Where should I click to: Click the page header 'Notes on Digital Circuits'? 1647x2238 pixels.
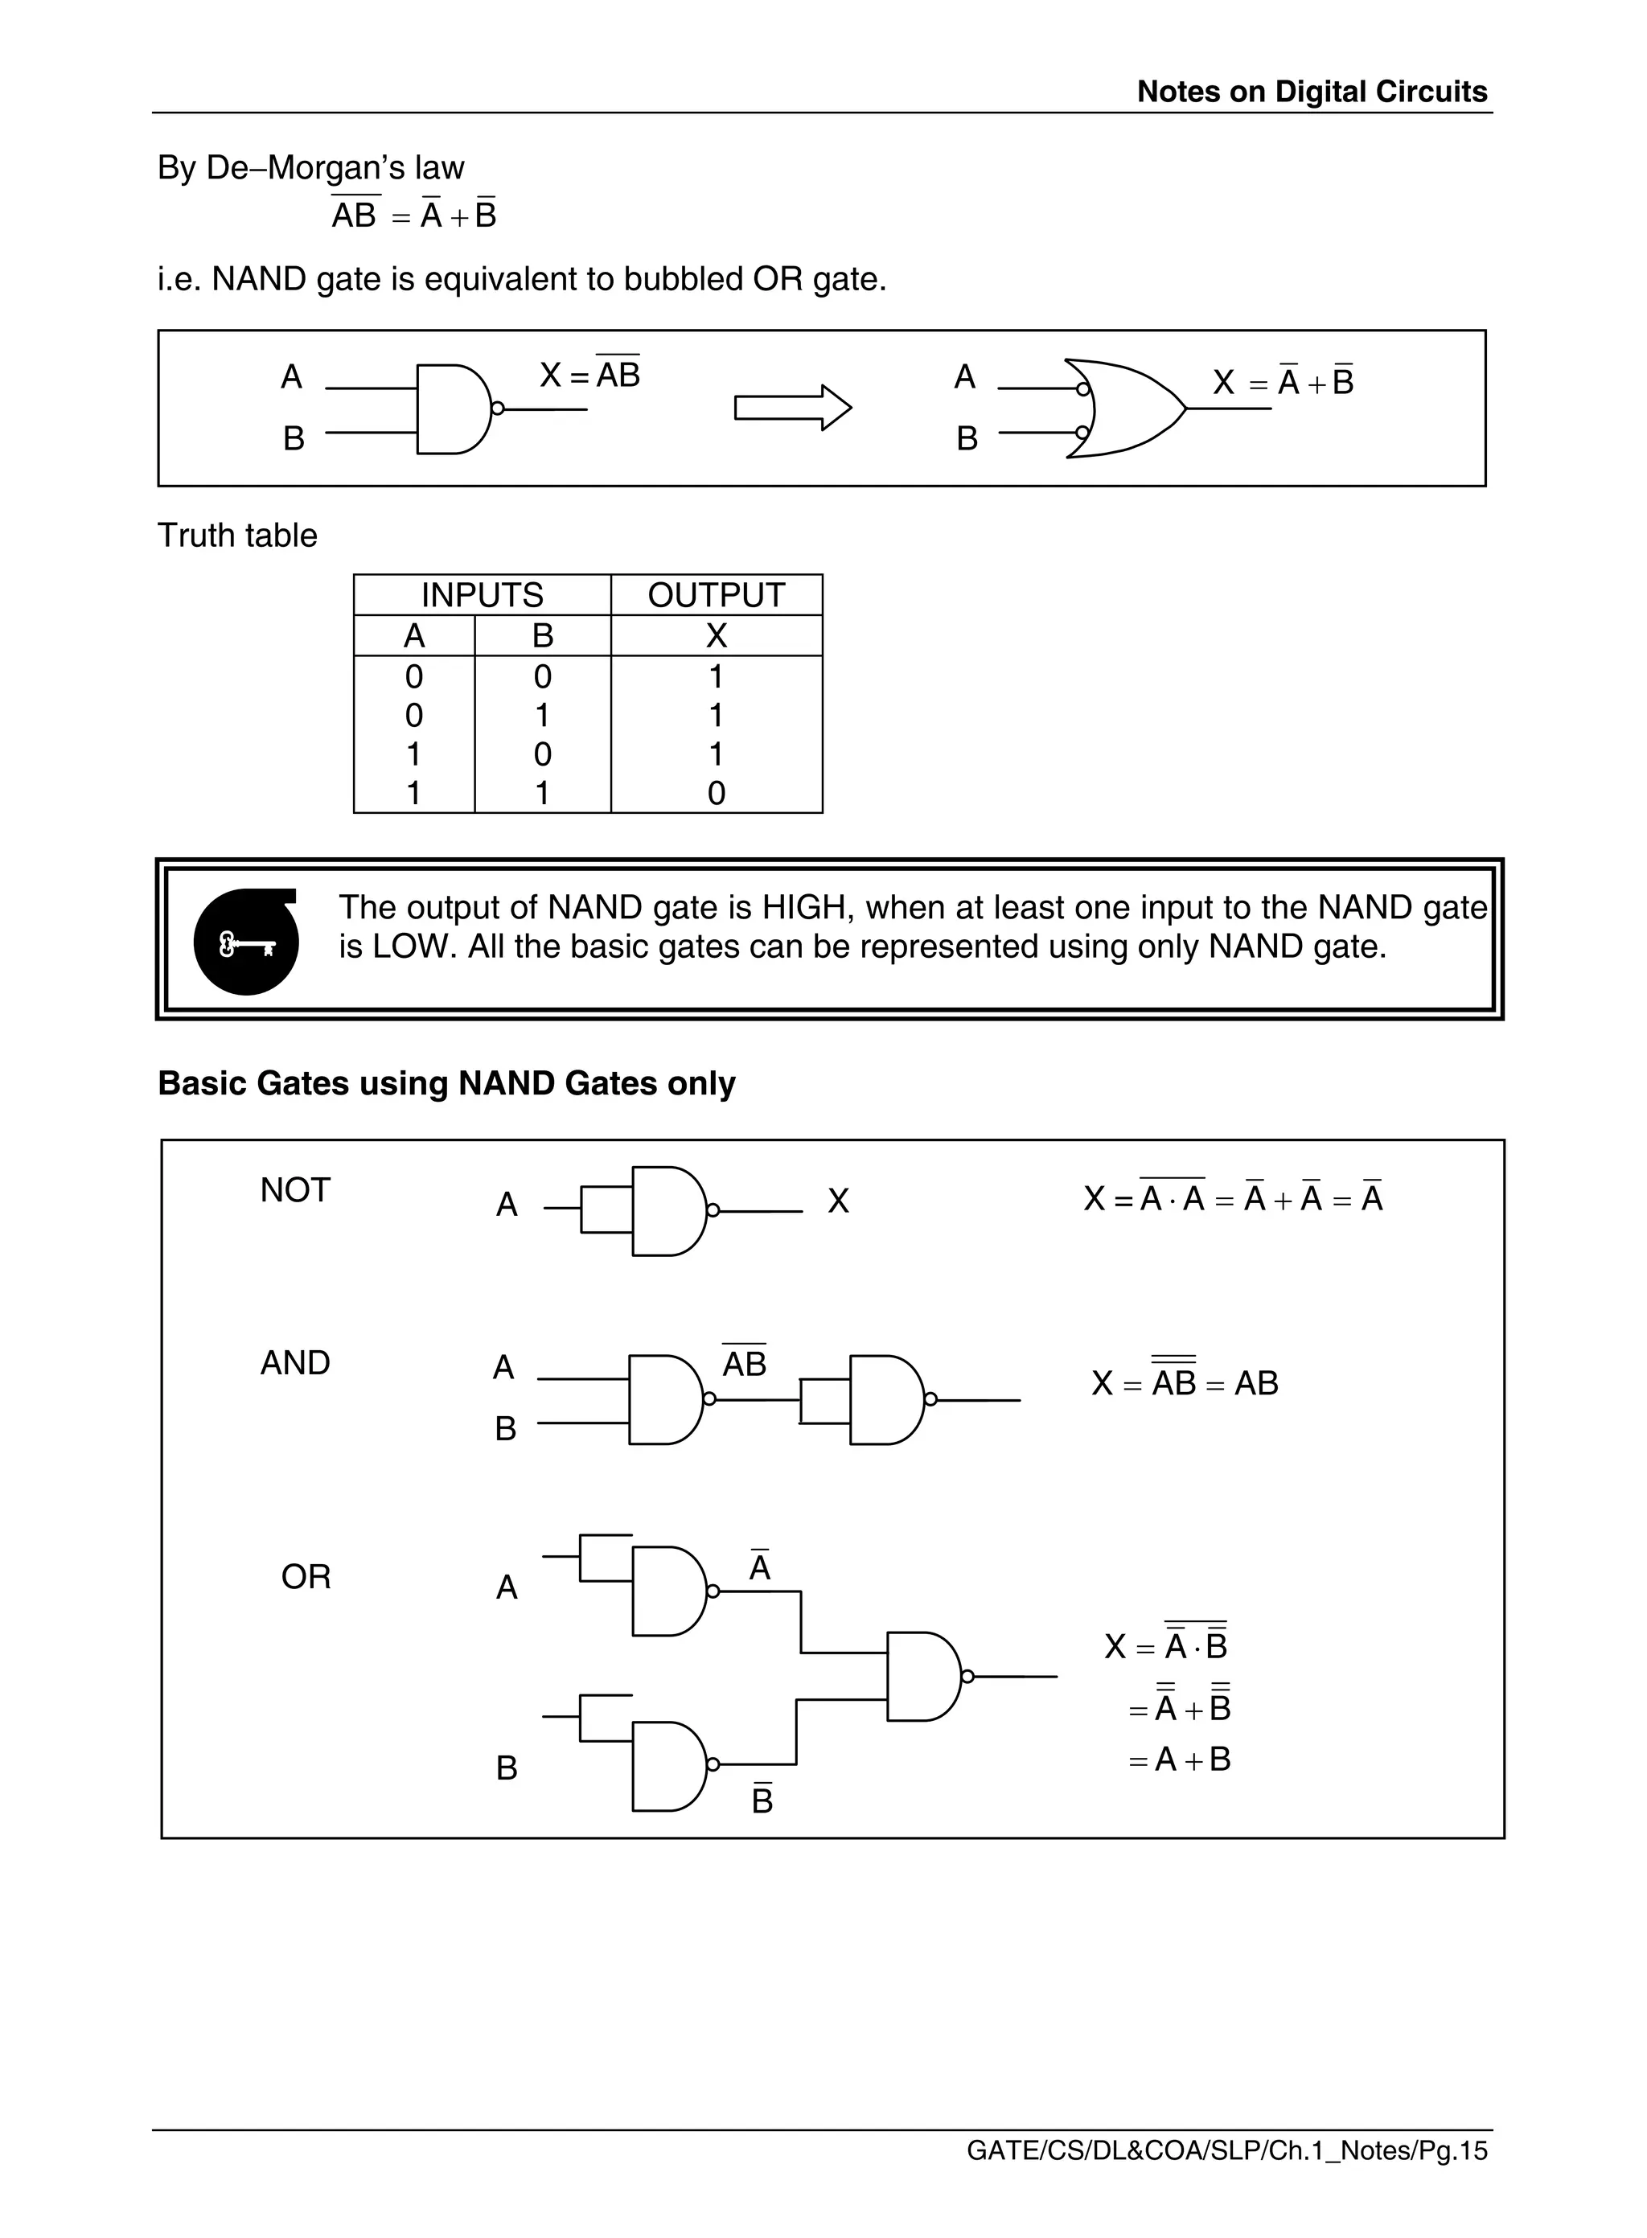coord(1311,92)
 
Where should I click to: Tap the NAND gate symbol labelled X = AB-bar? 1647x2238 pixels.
coord(453,409)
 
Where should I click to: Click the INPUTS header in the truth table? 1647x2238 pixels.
coord(482,595)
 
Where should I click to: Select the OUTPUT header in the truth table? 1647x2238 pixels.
coord(716,595)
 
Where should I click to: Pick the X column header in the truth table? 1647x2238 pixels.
coord(716,636)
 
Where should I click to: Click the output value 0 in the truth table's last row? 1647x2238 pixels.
coord(716,794)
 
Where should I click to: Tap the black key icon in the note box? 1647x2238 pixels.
coord(246,942)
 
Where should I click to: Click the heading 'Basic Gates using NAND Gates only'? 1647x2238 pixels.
coord(446,1083)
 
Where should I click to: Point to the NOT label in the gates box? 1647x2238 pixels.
coord(295,1190)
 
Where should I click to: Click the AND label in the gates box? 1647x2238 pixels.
coord(295,1363)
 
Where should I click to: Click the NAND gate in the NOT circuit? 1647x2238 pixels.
coord(668,1211)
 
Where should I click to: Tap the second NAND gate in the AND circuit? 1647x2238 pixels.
coord(886,1399)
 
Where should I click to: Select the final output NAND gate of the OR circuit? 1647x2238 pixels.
coord(923,1677)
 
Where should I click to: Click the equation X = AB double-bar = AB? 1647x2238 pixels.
coord(1185,1382)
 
